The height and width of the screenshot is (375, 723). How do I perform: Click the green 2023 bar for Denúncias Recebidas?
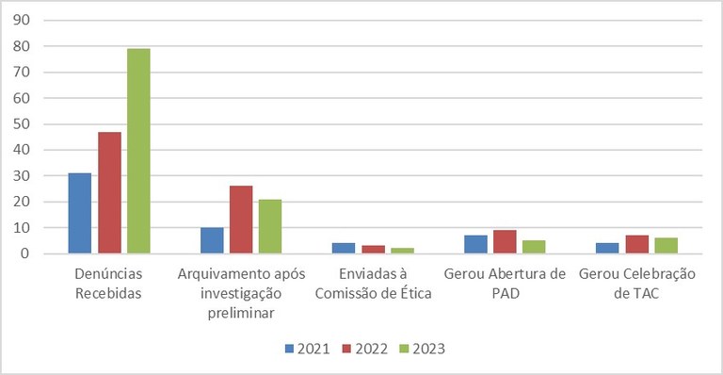pyautogui.click(x=138, y=151)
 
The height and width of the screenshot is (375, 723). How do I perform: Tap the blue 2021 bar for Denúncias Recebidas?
pyautogui.click(x=80, y=213)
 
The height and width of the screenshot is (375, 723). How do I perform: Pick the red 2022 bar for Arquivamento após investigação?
pyautogui.click(x=241, y=220)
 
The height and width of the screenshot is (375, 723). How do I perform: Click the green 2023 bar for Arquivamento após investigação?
pyautogui.click(x=270, y=226)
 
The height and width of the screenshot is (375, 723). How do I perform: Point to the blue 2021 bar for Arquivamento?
pyautogui.click(x=212, y=240)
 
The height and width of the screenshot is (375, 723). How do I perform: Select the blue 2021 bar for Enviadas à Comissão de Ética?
pyautogui.click(x=344, y=249)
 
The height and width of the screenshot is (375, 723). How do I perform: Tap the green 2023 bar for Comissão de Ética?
pyautogui.click(x=402, y=251)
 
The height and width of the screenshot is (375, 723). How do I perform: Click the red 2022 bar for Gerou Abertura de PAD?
pyautogui.click(x=505, y=242)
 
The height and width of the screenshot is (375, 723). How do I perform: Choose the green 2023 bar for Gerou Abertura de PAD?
pyautogui.click(x=534, y=247)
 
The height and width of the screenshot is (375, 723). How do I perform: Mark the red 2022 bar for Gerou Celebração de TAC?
pyautogui.click(x=637, y=244)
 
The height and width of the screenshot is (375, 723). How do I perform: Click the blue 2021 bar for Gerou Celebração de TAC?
pyautogui.click(x=607, y=249)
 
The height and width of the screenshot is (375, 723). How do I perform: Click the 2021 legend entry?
pyautogui.click(x=307, y=349)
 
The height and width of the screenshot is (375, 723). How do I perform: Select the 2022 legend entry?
pyautogui.click(x=364, y=349)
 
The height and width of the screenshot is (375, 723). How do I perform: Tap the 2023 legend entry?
pyautogui.click(x=420, y=349)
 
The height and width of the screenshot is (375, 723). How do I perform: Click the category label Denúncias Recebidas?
pyautogui.click(x=108, y=282)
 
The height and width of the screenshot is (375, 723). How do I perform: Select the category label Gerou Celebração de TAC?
pyautogui.click(x=636, y=282)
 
